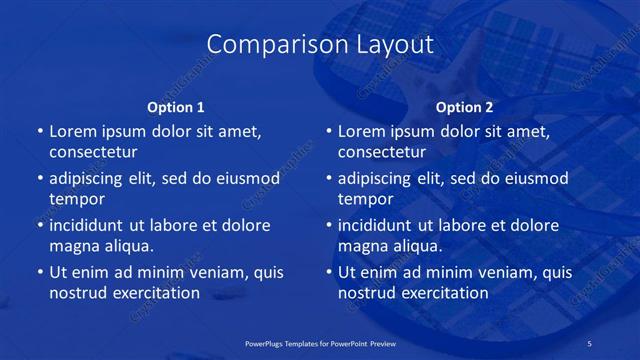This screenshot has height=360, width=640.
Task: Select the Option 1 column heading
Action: click(176, 107)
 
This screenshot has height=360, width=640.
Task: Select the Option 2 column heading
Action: click(465, 107)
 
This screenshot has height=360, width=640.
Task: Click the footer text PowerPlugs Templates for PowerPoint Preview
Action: click(320, 342)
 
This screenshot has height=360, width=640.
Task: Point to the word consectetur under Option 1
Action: click(93, 153)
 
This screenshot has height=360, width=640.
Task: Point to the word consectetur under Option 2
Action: click(382, 153)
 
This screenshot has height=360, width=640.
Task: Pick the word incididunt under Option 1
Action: click(92, 225)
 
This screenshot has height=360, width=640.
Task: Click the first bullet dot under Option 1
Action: click(39, 132)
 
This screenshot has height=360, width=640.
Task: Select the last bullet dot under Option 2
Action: click(328, 272)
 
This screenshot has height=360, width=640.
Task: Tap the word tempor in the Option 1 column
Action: click(76, 199)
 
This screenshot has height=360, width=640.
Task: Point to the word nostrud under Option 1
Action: click(76, 293)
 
